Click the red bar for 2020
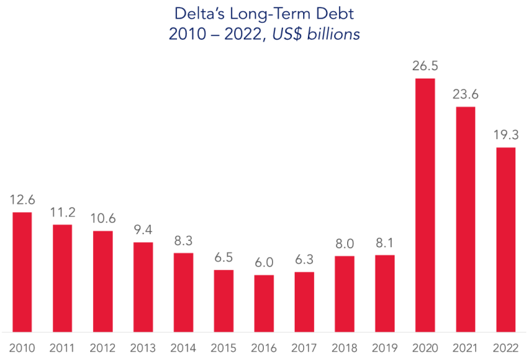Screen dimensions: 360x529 coord(425,205)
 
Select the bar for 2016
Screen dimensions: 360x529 coord(264,304)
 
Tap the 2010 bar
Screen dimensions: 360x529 coord(22,272)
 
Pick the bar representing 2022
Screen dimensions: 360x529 coord(506,240)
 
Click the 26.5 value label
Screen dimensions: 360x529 coord(425,67)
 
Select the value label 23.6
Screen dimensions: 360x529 coord(465,95)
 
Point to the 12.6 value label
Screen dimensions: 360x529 coord(22,200)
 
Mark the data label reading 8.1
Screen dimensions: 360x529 coord(384,244)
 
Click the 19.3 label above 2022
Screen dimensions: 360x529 coord(506,136)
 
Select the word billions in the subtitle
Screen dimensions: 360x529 coord(336,34)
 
